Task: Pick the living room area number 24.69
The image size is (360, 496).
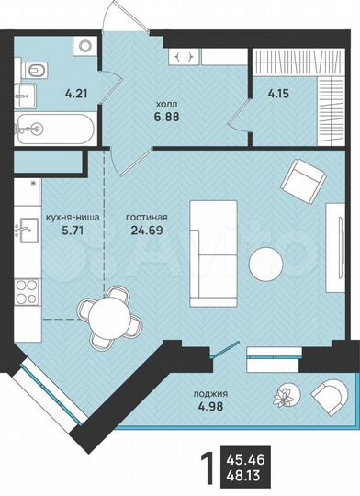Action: tap(135, 232)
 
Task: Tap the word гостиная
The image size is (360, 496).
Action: tap(136, 219)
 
